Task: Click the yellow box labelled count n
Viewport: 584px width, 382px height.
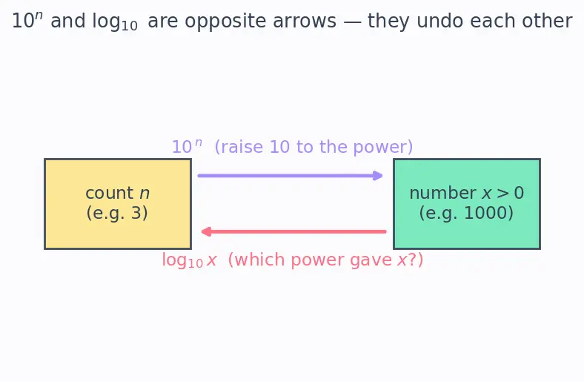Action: click(118, 204)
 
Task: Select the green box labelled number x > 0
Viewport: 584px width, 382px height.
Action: click(467, 204)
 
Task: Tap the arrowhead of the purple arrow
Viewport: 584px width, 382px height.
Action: click(378, 176)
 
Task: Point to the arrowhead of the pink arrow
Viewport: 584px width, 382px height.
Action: click(206, 232)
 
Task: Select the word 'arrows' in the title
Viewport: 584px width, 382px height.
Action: click(305, 22)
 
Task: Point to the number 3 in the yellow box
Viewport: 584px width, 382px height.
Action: click(136, 213)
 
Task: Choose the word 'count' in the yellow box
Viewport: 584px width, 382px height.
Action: click(110, 194)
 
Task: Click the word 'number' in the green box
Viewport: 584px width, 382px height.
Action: click(443, 193)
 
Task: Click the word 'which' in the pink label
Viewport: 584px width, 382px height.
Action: click(259, 260)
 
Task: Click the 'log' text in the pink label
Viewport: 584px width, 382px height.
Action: click(174, 260)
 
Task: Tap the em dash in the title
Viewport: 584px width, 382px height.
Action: click(352, 22)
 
